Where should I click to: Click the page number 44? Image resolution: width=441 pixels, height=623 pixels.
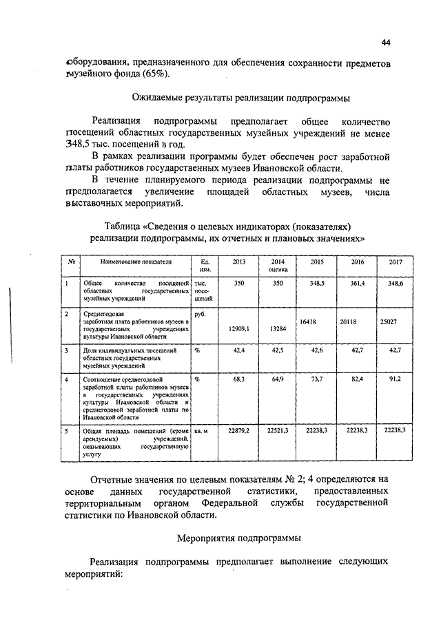point(386,43)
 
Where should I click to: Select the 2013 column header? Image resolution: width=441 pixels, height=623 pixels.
point(239,262)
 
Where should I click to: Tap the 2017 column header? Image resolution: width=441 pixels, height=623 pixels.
point(396,262)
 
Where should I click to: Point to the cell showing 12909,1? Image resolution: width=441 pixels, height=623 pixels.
point(238,329)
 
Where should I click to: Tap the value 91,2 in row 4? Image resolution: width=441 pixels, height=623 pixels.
point(396,379)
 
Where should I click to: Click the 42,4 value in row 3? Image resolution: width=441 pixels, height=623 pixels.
point(239,350)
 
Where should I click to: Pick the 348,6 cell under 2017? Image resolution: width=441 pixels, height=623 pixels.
point(396,283)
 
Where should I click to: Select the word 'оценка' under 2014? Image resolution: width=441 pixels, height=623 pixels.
point(278,271)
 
